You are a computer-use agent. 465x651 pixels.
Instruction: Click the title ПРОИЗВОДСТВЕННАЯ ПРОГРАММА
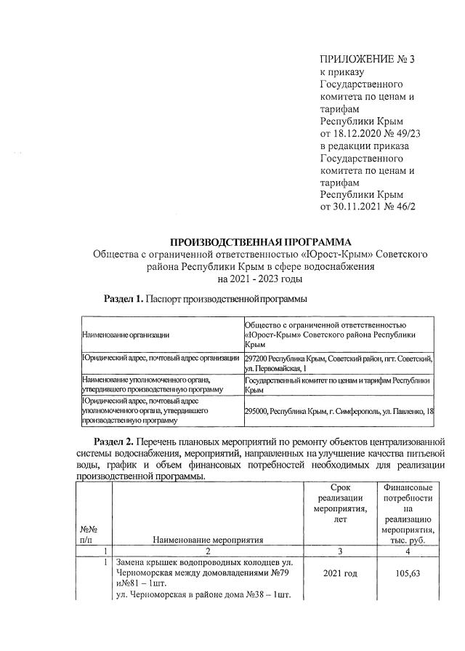[260, 241]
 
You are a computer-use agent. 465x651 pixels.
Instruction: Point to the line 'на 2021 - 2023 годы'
[260, 278]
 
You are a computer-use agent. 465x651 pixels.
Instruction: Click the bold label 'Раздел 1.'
[124, 299]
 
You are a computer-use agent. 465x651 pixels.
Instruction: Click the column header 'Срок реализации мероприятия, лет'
[339, 502]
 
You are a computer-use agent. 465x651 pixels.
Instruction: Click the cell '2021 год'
[339, 574]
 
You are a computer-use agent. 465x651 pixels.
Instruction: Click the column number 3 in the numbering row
[339, 551]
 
